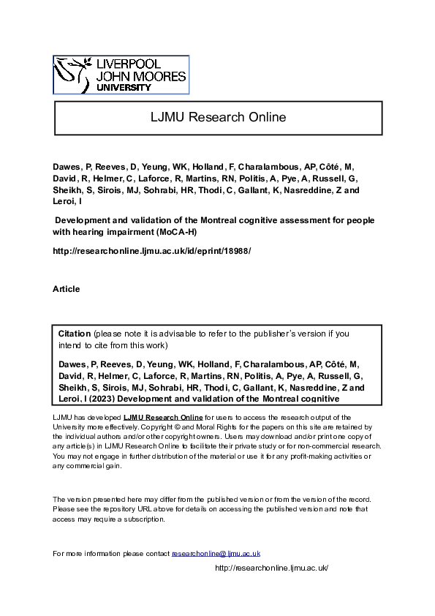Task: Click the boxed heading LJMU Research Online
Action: click(x=217, y=117)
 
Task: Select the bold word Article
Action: click(x=67, y=289)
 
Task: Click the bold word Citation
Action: click(x=75, y=333)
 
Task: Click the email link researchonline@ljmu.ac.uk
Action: click(x=216, y=553)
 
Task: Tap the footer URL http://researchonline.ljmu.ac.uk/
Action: click(x=271, y=568)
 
